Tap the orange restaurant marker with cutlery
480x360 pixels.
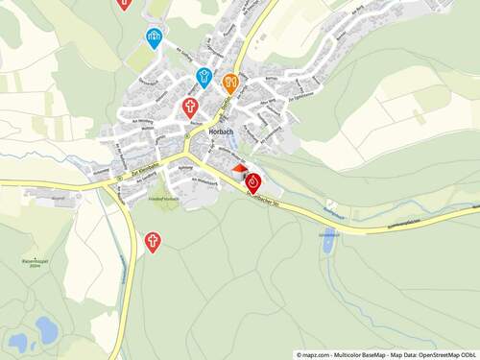(x=230, y=82)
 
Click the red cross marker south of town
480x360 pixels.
(x=152, y=241)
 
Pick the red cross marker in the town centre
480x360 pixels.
(x=190, y=106)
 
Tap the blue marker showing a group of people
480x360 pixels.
(x=153, y=37)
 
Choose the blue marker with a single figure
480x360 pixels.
(x=204, y=76)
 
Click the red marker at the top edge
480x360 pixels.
(x=124, y=3)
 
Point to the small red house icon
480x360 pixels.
(x=239, y=169)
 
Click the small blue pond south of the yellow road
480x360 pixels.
(x=328, y=243)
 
